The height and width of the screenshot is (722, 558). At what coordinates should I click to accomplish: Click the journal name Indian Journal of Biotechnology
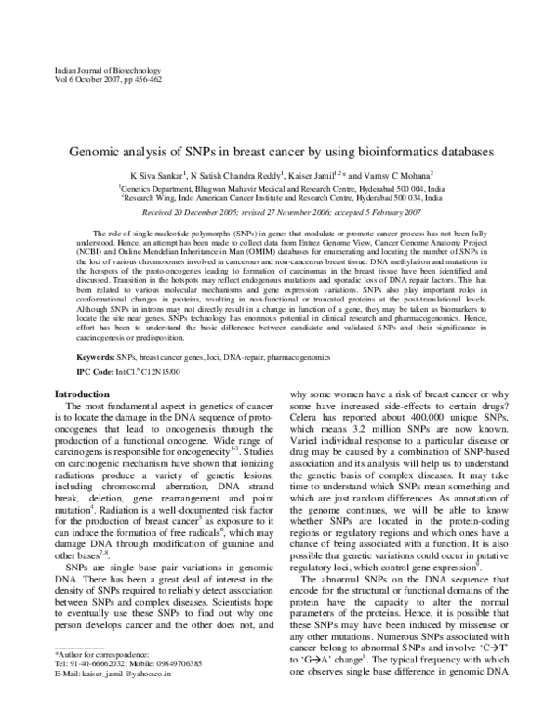click(109, 71)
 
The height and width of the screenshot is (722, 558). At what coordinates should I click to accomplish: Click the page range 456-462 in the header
click(145, 81)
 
